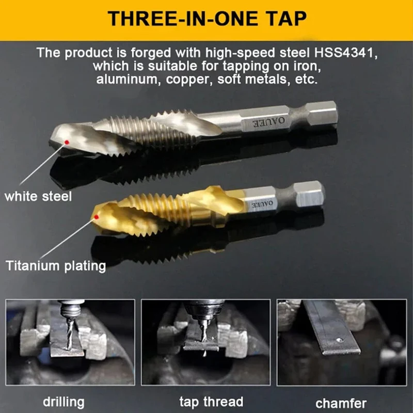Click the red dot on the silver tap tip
point(67,142)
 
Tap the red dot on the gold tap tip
point(97,217)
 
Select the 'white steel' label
point(38,197)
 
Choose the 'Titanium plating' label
point(56,265)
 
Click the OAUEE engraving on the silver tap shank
point(269,122)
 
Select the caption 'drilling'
point(63,403)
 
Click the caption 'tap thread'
point(211,402)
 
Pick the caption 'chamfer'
point(341,403)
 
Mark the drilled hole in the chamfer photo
point(340,340)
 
